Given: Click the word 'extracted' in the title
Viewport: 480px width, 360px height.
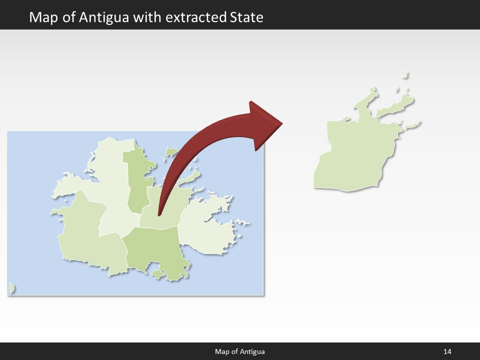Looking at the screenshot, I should [x=196, y=17].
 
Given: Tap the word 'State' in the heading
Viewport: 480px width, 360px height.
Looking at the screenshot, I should [x=246, y=17].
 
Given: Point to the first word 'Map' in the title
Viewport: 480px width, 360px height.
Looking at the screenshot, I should [x=42, y=17].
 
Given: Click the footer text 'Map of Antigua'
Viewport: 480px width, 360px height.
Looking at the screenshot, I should [x=240, y=351].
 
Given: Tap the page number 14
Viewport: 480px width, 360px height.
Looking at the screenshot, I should [x=447, y=351].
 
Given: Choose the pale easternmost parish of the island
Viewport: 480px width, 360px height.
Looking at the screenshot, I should [x=207, y=227].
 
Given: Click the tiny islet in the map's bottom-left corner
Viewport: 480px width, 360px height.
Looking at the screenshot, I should [x=11, y=288].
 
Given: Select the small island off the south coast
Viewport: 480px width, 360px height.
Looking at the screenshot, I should [x=158, y=274].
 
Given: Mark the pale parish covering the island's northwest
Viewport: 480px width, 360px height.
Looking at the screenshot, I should [x=107, y=180].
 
